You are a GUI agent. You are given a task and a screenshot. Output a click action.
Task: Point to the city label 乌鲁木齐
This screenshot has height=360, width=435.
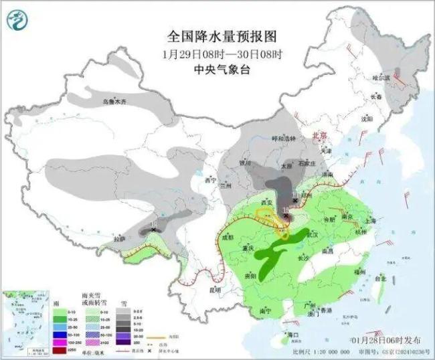pyautogui.click(x=114, y=102)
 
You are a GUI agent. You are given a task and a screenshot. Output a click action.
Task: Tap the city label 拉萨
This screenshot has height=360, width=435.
pyautogui.click(x=119, y=238)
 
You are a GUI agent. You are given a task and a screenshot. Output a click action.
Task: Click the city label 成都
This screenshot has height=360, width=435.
pyautogui.click(x=228, y=237)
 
